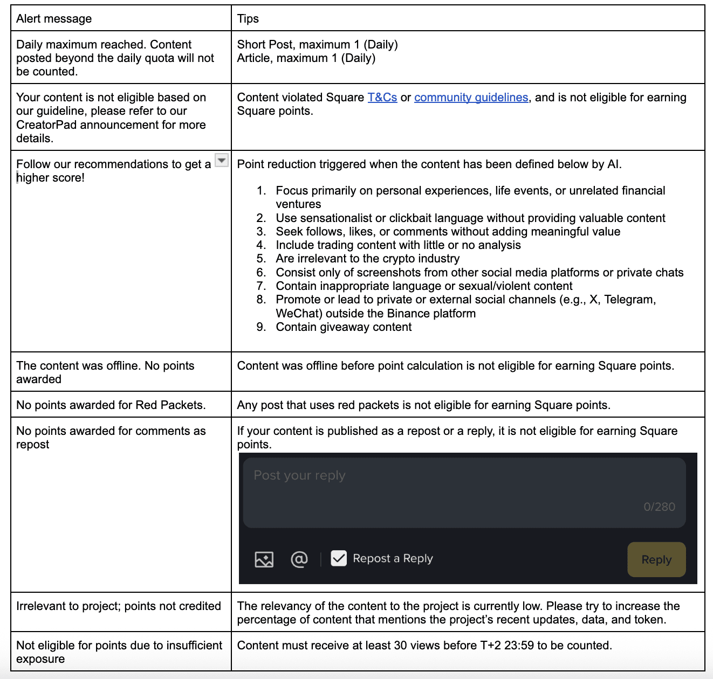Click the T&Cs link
[x=382, y=98]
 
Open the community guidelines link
[x=471, y=98]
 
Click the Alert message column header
[x=54, y=19]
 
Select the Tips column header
[x=248, y=19]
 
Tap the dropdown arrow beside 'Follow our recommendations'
[x=222, y=161]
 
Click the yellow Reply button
[x=656, y=559]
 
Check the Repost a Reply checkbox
[x=339, y=558]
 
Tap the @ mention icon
[x=299, y=559]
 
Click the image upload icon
[x=264, y=559]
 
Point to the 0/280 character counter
[x=659, y=507]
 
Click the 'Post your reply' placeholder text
[x=299, y=475]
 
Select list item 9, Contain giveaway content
[x=344, y=327]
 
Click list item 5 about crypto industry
[x=367, y=259]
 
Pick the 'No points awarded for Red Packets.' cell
[x=111, y=405]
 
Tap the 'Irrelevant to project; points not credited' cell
[x=119, y=606]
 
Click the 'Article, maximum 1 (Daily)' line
[x=306, y=58]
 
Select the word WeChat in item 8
[x=299, y=314]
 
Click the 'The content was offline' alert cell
[x=105, y=372]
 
